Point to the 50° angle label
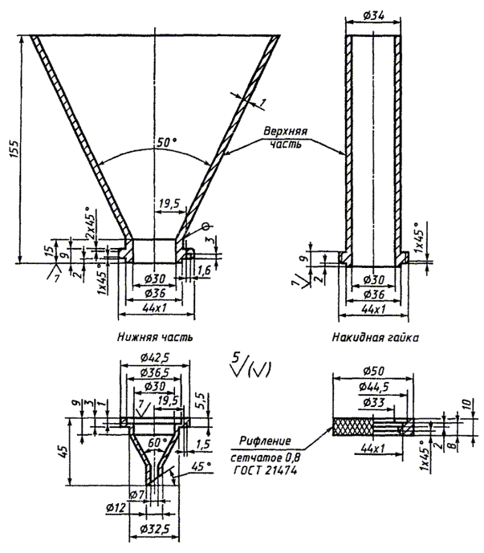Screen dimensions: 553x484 point(166,143)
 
